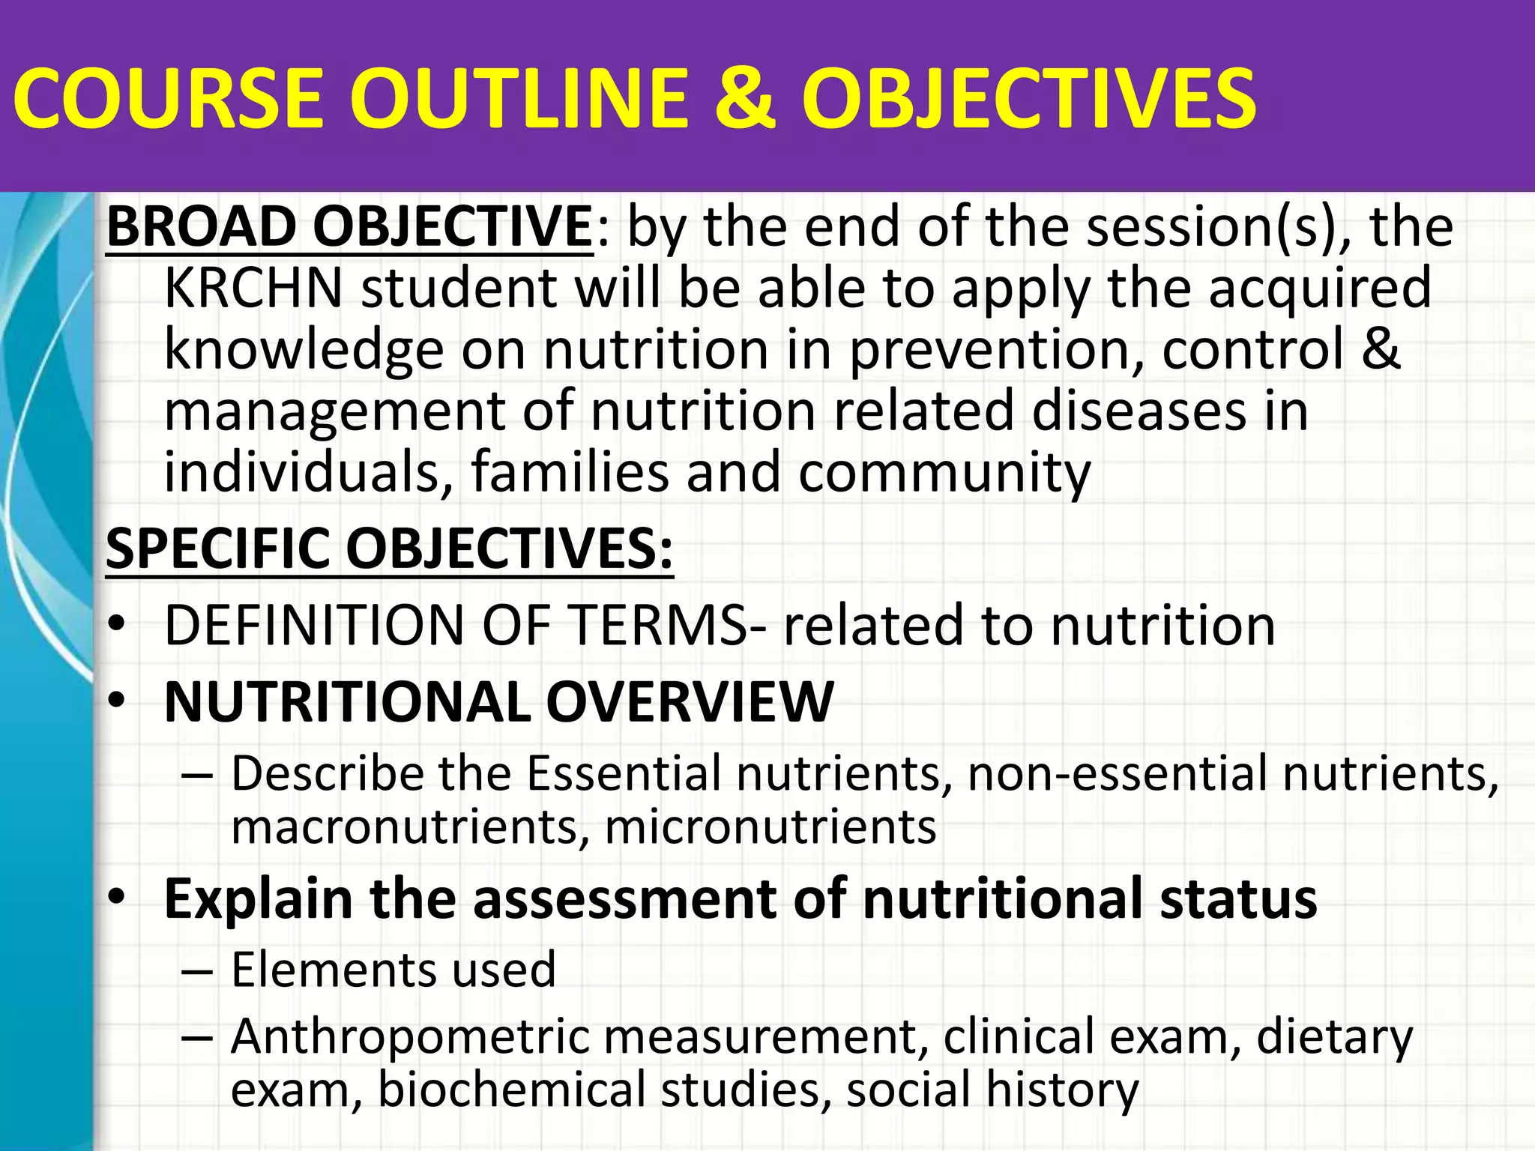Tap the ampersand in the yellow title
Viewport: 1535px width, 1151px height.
tap(743, 98)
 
